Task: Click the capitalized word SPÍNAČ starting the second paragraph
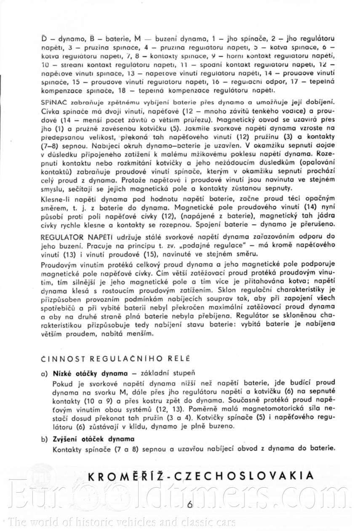coord(53,102)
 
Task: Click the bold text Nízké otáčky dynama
coord(90,373)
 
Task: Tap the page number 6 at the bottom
coord(189,505)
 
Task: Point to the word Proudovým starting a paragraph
coord(59,264)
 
